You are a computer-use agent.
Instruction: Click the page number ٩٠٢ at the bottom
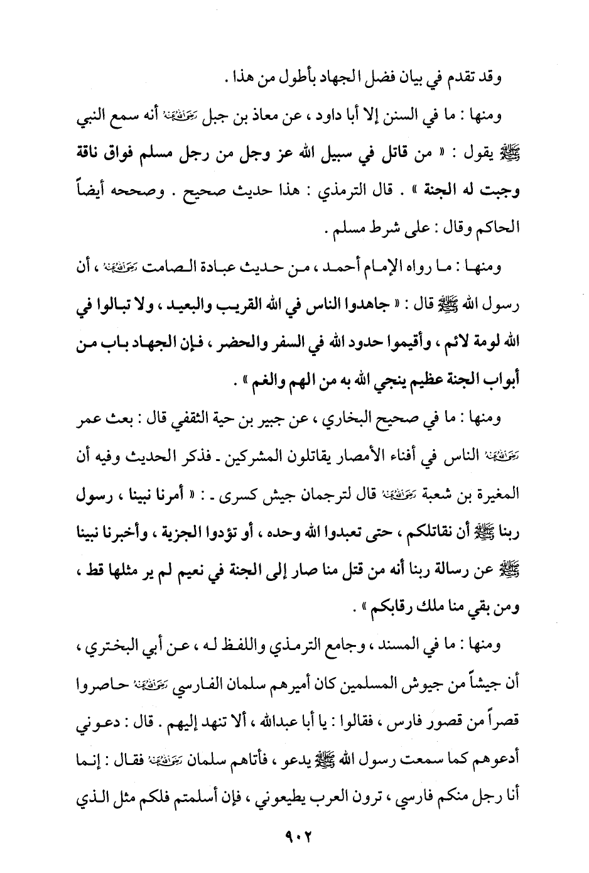click(x=294, y=837)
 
